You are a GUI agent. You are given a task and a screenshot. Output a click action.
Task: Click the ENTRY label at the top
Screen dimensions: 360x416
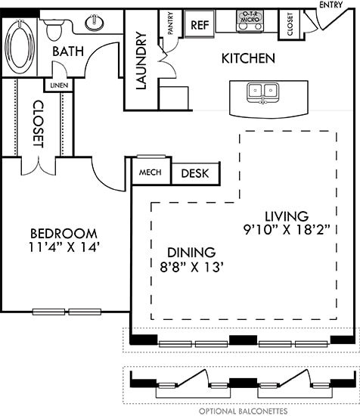coord(331,5)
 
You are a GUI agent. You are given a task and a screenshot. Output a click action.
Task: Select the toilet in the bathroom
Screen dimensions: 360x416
coord(54,29)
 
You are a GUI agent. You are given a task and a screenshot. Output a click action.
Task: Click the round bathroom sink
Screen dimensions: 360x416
coord(95,23)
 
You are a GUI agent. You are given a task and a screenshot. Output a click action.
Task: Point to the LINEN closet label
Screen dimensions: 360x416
coord(59,85)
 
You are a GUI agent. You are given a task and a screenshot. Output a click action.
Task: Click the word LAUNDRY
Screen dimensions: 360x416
coord(141,61)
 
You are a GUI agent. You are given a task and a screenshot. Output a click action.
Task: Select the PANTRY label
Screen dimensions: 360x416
coord(171,23)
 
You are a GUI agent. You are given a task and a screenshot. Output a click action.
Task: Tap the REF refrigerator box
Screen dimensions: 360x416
coord(200,25)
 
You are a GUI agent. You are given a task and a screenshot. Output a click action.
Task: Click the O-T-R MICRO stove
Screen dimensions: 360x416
coord(250,21)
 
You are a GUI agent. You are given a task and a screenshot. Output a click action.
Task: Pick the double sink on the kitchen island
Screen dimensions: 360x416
coord(263,93)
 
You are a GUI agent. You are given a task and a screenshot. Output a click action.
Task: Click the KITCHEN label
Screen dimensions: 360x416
coord(248,58)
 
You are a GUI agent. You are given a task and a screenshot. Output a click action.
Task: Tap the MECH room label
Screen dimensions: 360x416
coord(151,172)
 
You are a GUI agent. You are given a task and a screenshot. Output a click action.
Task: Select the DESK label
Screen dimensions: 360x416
coord(195,173)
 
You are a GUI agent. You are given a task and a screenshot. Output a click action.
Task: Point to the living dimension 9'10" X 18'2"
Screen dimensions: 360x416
coord(287,230)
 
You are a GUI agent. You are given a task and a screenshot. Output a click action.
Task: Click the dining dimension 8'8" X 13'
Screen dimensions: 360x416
coord(191,267)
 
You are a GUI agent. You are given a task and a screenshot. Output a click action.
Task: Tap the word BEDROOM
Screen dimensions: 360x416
coord(64,234)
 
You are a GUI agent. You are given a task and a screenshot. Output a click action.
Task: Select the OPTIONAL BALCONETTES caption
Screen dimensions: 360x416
coord(243,411)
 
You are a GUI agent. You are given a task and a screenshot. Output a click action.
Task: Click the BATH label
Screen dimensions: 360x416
coord(68,51)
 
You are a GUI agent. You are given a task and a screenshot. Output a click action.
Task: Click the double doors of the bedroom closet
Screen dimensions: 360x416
coord(39,166)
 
